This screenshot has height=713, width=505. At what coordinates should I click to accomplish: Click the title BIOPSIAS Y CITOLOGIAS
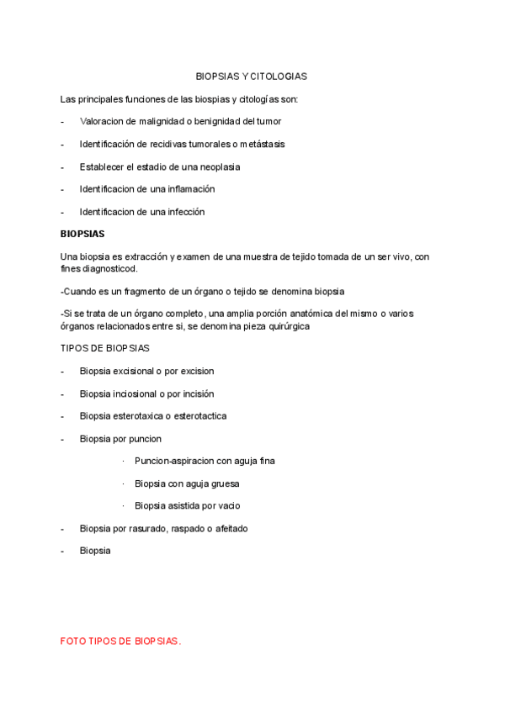[x=251, y=77]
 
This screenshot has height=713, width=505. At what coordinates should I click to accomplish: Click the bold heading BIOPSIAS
[x=82, y=235]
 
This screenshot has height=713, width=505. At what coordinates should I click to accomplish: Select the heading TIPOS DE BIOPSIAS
[x=105, y=348]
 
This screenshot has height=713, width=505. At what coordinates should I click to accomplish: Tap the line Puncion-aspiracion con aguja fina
[x=205, y=461]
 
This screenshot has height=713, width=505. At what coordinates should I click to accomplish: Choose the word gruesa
[x=223, y=483]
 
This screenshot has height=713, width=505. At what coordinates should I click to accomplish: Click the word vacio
[x=227, y=506]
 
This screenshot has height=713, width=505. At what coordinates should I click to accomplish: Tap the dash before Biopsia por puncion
[x=63, y=439]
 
